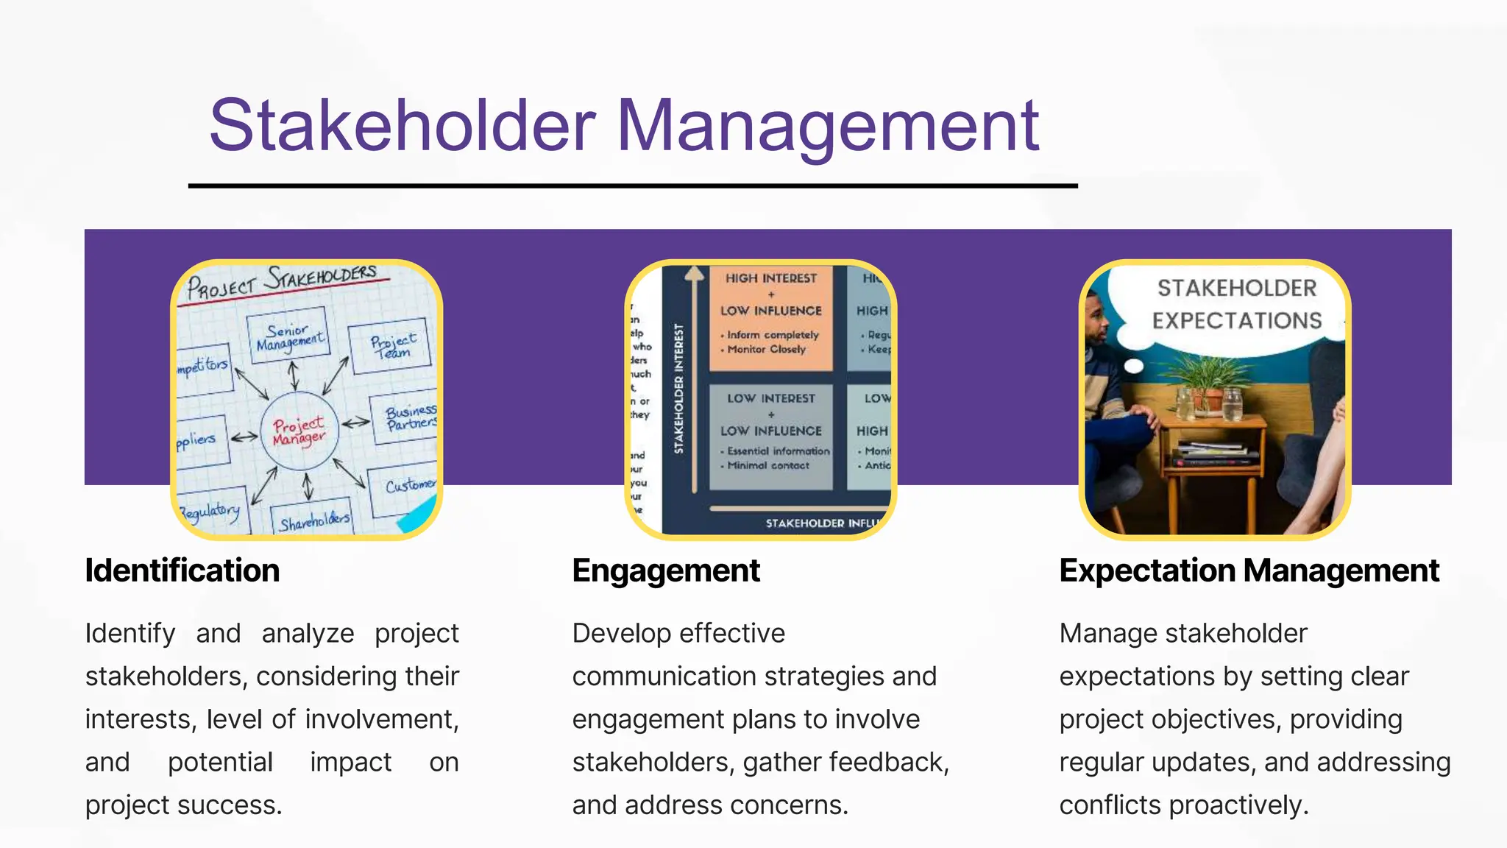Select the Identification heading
[182, 570]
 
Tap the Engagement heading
[666, 570]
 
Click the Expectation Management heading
[1249, 570]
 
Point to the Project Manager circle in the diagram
[299, 431]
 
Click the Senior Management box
[288, 336]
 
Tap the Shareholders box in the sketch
[313, 520]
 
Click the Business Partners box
[409, 417]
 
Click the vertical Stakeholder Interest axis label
[679, 388]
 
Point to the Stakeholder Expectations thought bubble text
[1236, 304]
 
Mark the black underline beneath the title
[633, 186]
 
